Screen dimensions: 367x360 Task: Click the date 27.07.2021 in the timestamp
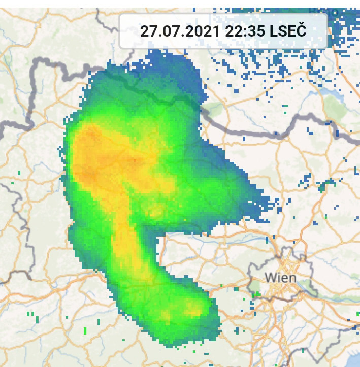(179, 30)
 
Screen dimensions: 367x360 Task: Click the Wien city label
(281, 278)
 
